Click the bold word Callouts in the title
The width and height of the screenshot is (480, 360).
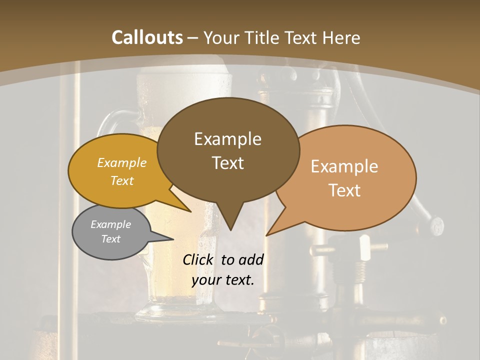[147, 37]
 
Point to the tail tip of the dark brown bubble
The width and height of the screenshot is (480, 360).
[230, 229]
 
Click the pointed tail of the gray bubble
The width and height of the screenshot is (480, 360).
[172, 239]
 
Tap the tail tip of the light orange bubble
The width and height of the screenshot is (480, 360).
[267, 234]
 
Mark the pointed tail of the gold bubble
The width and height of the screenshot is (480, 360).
[189, 211]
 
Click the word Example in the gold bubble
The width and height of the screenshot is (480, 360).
[122, 162]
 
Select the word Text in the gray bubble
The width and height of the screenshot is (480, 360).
[111, 239]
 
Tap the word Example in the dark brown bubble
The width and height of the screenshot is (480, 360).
[228, 139]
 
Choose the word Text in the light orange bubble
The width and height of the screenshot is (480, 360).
[344, 190]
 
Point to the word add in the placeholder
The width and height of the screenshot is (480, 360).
[251, 259]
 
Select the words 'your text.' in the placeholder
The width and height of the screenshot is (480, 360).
[223, 280]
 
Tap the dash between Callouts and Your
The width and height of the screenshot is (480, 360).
[193, 37]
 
